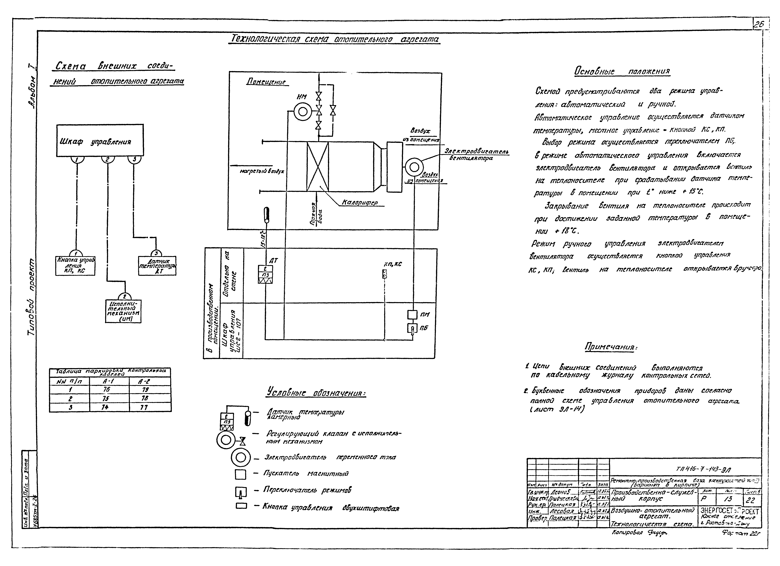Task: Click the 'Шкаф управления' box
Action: pos(100,140)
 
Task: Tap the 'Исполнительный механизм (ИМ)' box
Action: pos(123,311)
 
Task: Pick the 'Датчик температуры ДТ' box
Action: pos(157,266)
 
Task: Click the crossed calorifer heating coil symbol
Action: pos(317,166)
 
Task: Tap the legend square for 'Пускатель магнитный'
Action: pos(240,475)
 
